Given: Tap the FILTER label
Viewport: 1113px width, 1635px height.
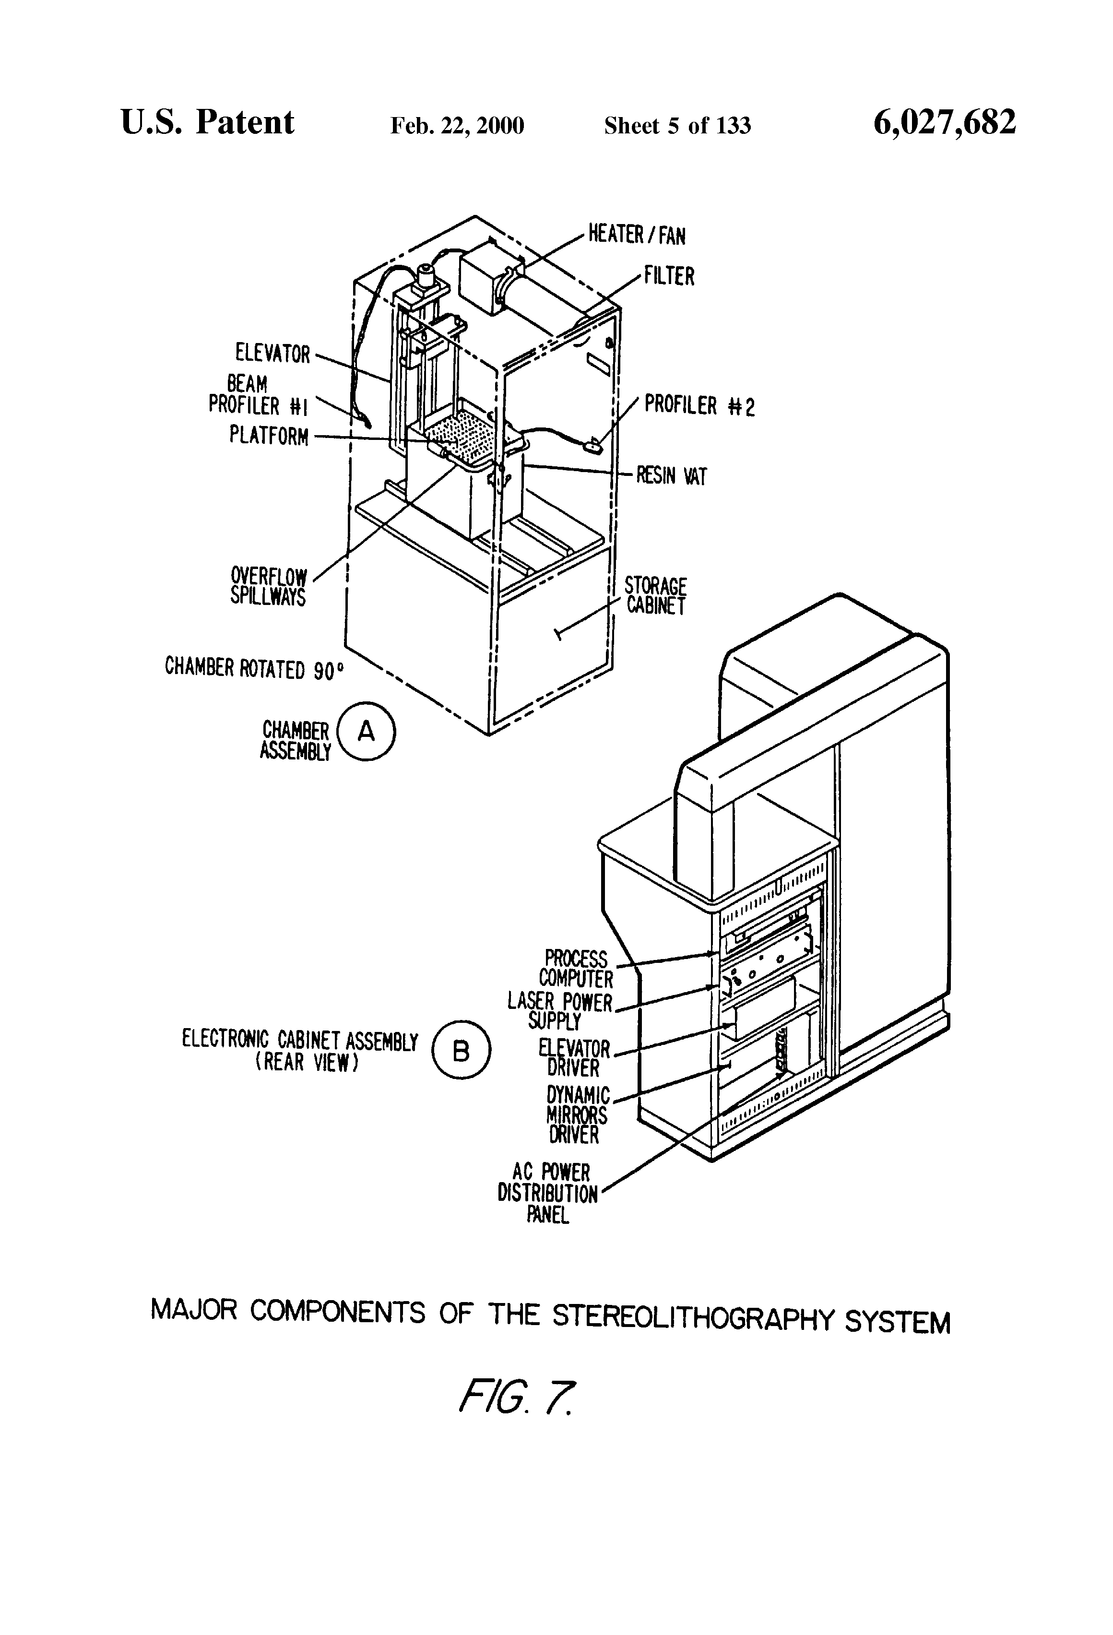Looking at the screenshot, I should (669, 276).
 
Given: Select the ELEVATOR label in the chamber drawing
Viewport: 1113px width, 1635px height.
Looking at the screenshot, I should (273, 353).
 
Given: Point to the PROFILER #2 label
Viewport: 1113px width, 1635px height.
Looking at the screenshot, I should (699, 406).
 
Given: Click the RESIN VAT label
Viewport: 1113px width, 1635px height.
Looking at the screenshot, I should (671, 476).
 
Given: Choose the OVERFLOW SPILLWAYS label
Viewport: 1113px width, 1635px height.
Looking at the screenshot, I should (269, 587).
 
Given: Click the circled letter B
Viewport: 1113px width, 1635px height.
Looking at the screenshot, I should (461, 1051).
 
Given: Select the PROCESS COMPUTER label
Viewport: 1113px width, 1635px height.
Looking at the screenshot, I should (576, 969).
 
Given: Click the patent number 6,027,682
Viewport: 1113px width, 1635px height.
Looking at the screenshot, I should (944, 122).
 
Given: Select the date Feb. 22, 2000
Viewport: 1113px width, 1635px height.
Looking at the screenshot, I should (457, 126).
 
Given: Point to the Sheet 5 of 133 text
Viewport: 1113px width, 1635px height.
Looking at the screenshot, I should (677, 126).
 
